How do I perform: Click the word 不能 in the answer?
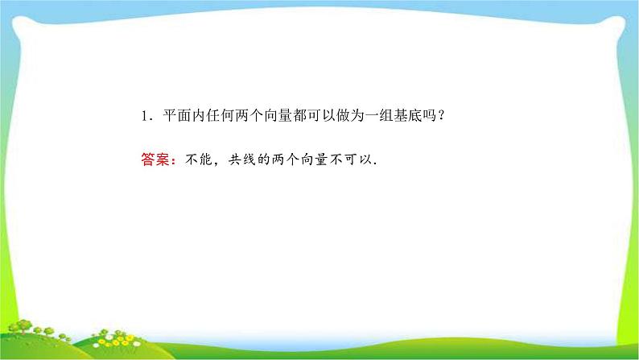tap(199, 160)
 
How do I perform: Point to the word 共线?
tap(242, 160)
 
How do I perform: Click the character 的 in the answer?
tap(264, 160)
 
